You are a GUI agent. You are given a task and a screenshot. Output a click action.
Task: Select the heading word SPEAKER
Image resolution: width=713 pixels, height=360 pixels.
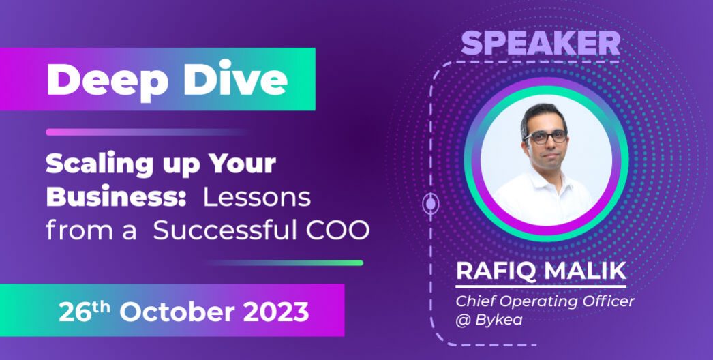[541, 43]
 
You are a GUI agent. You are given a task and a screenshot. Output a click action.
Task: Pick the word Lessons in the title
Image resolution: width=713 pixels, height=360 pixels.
[258, 197]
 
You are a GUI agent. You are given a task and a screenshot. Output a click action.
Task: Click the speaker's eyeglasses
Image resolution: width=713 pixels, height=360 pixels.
[545, 136]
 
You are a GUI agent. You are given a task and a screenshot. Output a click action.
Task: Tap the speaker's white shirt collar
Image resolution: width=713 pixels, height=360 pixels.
[538, 179]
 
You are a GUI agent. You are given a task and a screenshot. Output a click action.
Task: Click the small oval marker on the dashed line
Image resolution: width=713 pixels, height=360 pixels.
[430, 202]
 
